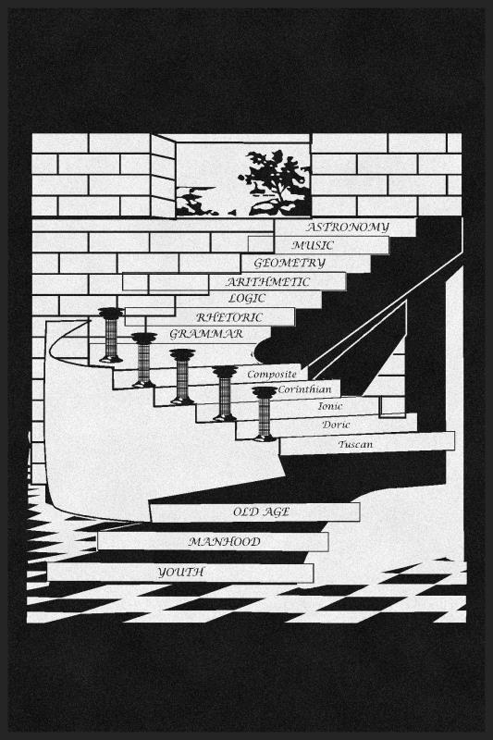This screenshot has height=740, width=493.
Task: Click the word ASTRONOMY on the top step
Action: point(348,228)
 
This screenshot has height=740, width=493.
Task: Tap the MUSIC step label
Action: point(313,245)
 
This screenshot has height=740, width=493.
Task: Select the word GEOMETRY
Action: point(290,263)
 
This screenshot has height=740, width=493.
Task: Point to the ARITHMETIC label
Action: point(268,282)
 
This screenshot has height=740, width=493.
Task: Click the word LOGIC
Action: point(247,298)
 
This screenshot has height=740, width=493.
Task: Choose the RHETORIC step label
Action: point(229,317)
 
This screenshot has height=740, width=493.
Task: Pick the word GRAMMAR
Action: point(206,334)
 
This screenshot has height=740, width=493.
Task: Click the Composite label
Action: point(272,375)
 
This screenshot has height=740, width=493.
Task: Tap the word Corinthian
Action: point(304,389)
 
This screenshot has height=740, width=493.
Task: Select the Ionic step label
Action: point(330,406)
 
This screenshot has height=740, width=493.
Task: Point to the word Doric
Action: point(336,425)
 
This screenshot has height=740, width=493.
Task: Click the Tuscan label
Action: point(355,444)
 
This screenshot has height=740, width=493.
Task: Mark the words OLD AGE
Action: point(261,512)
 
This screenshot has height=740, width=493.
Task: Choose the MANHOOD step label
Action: point(225,542)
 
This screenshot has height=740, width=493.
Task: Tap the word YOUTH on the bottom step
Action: point(180,573)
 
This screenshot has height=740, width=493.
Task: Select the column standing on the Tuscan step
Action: point(265,413)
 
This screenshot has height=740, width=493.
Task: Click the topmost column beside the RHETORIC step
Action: point(111,335)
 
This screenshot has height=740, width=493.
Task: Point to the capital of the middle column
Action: point(182,355)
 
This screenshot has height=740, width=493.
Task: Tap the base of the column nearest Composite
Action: point(225,417)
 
